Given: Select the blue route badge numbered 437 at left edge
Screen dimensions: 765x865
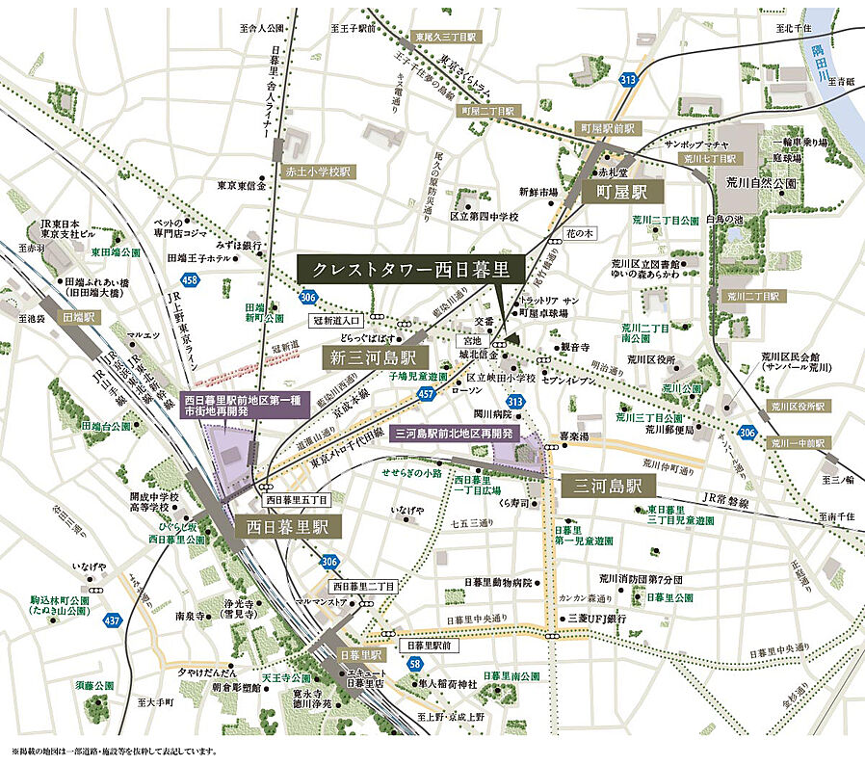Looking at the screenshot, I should click(113, 620).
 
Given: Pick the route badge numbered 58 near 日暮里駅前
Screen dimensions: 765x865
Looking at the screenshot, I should click(414, 664).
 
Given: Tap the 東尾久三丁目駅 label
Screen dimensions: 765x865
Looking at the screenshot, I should click(445, 37).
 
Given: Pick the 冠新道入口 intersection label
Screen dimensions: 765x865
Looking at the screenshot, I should click(334, 319).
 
